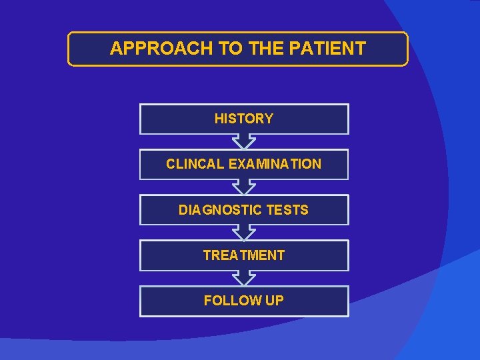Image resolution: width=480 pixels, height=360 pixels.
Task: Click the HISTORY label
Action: click(x=244, y=119)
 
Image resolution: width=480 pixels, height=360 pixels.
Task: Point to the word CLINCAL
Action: click(x=195, y=164)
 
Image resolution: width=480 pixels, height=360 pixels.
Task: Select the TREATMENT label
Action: click(x=244, y=255)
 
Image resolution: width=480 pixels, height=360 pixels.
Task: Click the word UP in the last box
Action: click(x=275, y=301)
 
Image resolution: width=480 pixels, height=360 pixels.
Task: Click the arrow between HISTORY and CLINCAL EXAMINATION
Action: click(x=244, y=141)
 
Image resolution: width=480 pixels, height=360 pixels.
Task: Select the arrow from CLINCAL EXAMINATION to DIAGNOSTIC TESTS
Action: click(x=244, y=187)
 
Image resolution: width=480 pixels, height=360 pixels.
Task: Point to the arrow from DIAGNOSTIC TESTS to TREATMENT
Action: click(x=244, y=233)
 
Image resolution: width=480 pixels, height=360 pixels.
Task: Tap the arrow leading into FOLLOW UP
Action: click(x=244, y=278)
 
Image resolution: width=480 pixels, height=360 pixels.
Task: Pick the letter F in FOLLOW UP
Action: click(x=207, y=301)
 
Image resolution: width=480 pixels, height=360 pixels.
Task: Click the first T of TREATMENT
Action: click(x=207, y=255)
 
